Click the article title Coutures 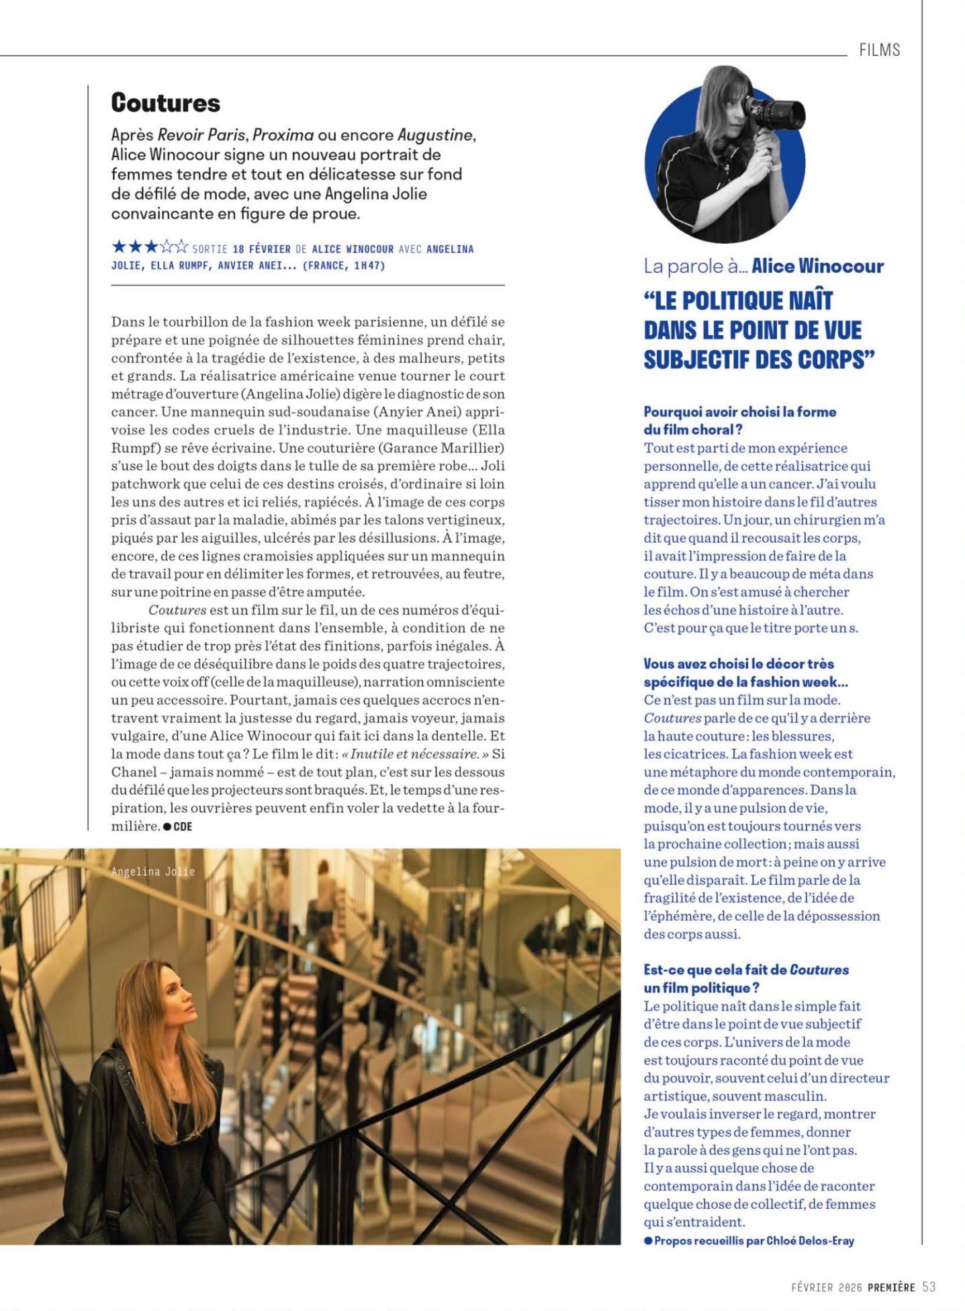pyautogui.click(x=165, y=103)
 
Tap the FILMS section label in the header pyautogui.click(x=879, y=50)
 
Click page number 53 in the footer pyautogui.click(x=929, y=1287)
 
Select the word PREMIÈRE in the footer pyautogui.click(x=891, y=1287)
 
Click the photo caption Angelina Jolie pyautogui.click(x=153, y=871)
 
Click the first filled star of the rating pyautogui.click(x=119, y=247)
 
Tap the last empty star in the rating pyautogui.click(x=181, y=247)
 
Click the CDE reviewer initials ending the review pyautogui.click(x=183, y=827)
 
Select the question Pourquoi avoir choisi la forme pyautogui.click(x=739, y=412)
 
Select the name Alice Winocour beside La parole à pyautogui.click(x=817, y=266)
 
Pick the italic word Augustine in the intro pyautogui.click(x=435, y=135)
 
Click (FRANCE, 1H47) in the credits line pyautogui.click(x=344, y=266)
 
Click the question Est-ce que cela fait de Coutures pyautogui.click(x=746, y=970)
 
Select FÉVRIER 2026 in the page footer pyautogui.click(x=826, y=1287)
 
